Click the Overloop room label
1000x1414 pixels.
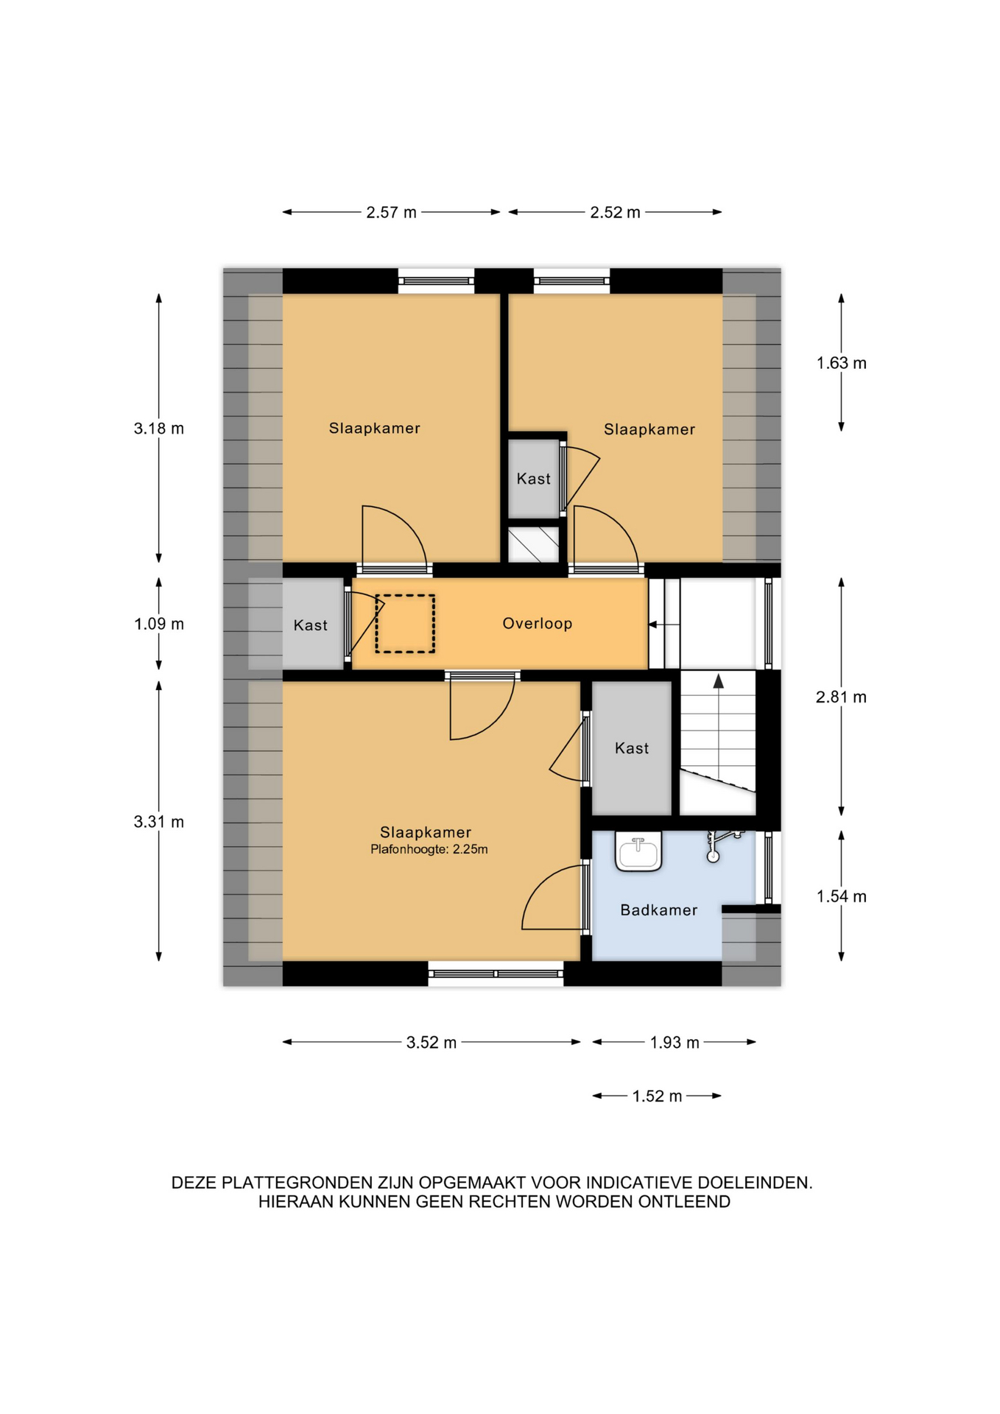point(537,624)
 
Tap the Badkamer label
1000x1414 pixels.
point(658,910)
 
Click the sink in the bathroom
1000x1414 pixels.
point(638,852)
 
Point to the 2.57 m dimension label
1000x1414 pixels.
point(391,213)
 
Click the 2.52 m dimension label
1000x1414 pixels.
point(615,213)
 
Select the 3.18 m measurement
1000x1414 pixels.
point(158,429)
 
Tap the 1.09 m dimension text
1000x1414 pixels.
point(158,625)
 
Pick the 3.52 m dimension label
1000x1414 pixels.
point(432,1043)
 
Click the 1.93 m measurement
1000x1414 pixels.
point(675,1043)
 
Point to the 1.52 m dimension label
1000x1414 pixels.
point(657,1097)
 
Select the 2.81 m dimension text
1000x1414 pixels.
point(841,697)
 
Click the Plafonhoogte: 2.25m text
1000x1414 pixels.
point(429,849)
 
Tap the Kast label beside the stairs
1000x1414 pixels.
point(632,748)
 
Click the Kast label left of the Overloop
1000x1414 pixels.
point(310,625)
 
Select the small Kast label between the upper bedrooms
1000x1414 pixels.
point(533,479)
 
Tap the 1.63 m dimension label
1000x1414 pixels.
point(842,363)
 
